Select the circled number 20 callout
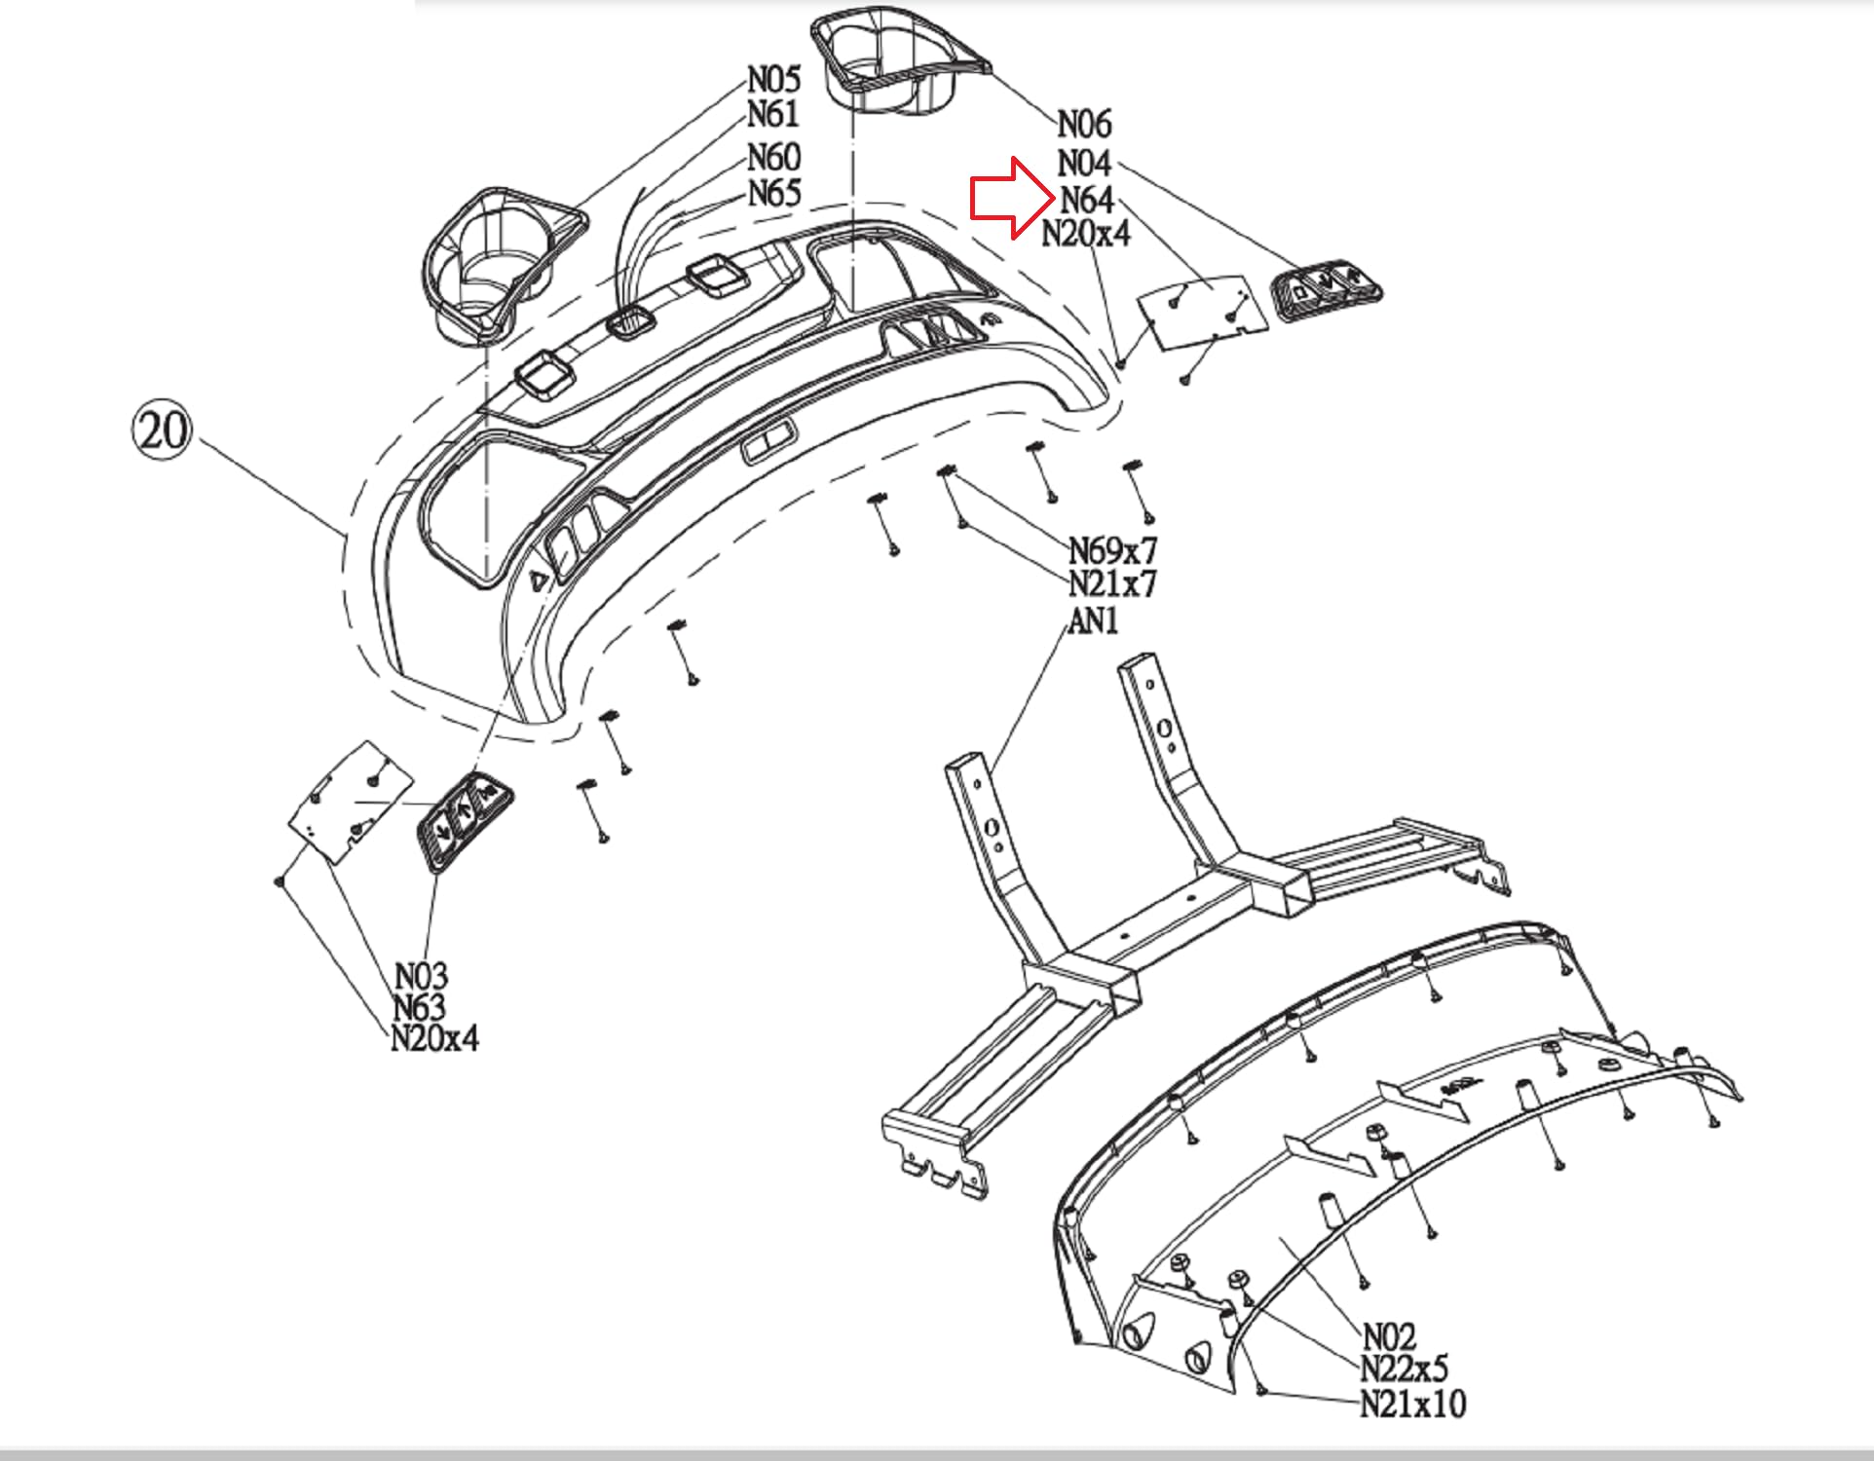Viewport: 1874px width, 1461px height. (x=162, y=430)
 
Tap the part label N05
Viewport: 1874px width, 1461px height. (x=773, y=79)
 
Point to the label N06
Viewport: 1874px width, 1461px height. (x=1084, y=125)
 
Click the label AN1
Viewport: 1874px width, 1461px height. (x=1093, y=620)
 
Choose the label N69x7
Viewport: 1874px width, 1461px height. (x=1112, y=550)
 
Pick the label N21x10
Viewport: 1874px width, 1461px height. (x=1412, y=1405)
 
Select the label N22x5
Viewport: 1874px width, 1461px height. (x=1404, y=1369)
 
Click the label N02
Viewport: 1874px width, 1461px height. (x=1389, y=1335)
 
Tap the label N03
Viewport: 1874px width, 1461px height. (x=421, y=975)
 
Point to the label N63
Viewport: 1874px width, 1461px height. (x=420, y=1007)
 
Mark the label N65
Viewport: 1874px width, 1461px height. (x=774, y=193)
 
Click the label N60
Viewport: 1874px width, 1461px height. (x=773, y=157)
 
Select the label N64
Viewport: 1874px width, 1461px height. (x=1086, y=200)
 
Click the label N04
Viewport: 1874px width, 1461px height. (x=1084, y=163)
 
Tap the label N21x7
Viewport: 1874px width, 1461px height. (x=1112, y=584)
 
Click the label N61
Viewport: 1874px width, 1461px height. (x=773, y=115)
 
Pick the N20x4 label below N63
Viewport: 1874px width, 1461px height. (x=434, y=1038)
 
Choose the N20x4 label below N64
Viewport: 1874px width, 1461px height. (x=1086, y=234)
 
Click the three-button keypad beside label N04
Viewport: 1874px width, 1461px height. (x=1328, y=289)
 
